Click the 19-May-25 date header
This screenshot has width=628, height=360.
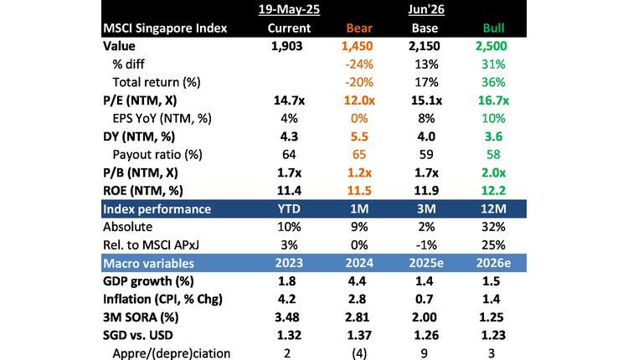[287, 10]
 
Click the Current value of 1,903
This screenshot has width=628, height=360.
[287, 46]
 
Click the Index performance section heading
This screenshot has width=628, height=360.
[156, 208]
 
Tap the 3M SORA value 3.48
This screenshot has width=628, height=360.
[287, 316]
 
